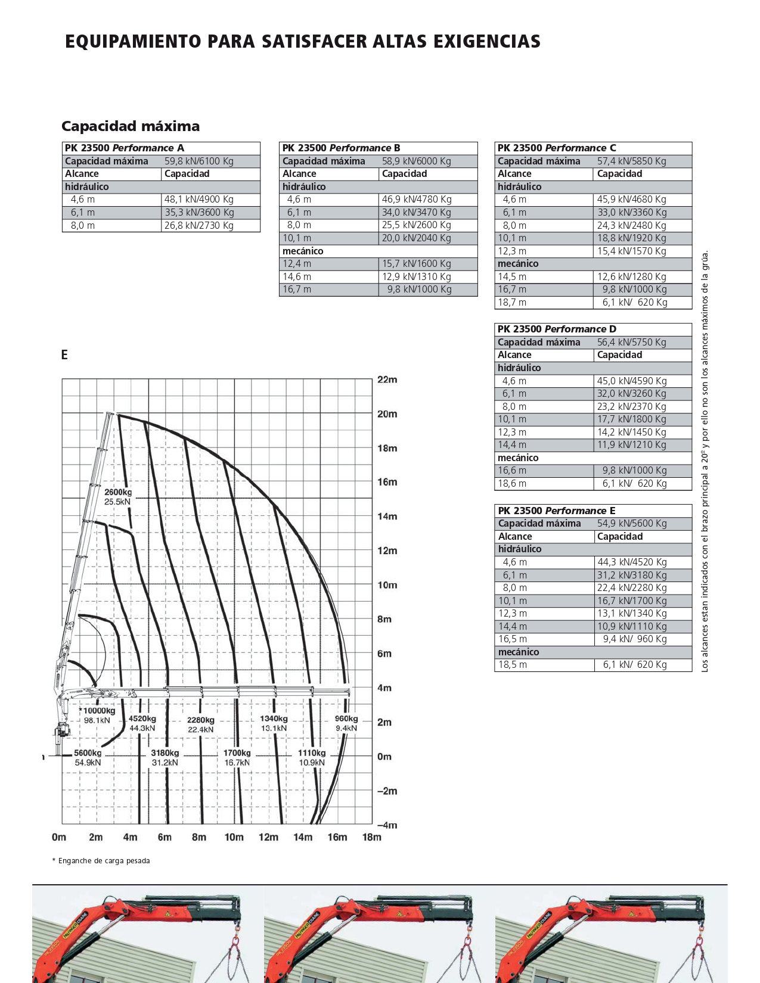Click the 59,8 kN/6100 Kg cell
(x=199, y=161)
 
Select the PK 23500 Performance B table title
(x=341, y=148)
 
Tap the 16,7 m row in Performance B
(x=297, y=290)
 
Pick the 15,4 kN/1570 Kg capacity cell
(x=632, y=251)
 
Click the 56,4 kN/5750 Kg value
(x=632, y=342)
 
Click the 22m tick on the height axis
(x=387, y=379)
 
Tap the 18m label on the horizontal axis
(x=371, y=837)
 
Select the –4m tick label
(x=386, y=825)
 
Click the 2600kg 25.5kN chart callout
(x=118, y=497)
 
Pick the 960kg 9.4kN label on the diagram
(x=346, y=723)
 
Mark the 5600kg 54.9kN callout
(x=88, y=757)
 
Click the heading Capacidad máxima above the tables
(x=131, y=126)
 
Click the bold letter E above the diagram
(x=64, y=355)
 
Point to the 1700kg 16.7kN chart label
(x=237, y=757)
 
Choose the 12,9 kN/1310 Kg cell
(x=416, y=277)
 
